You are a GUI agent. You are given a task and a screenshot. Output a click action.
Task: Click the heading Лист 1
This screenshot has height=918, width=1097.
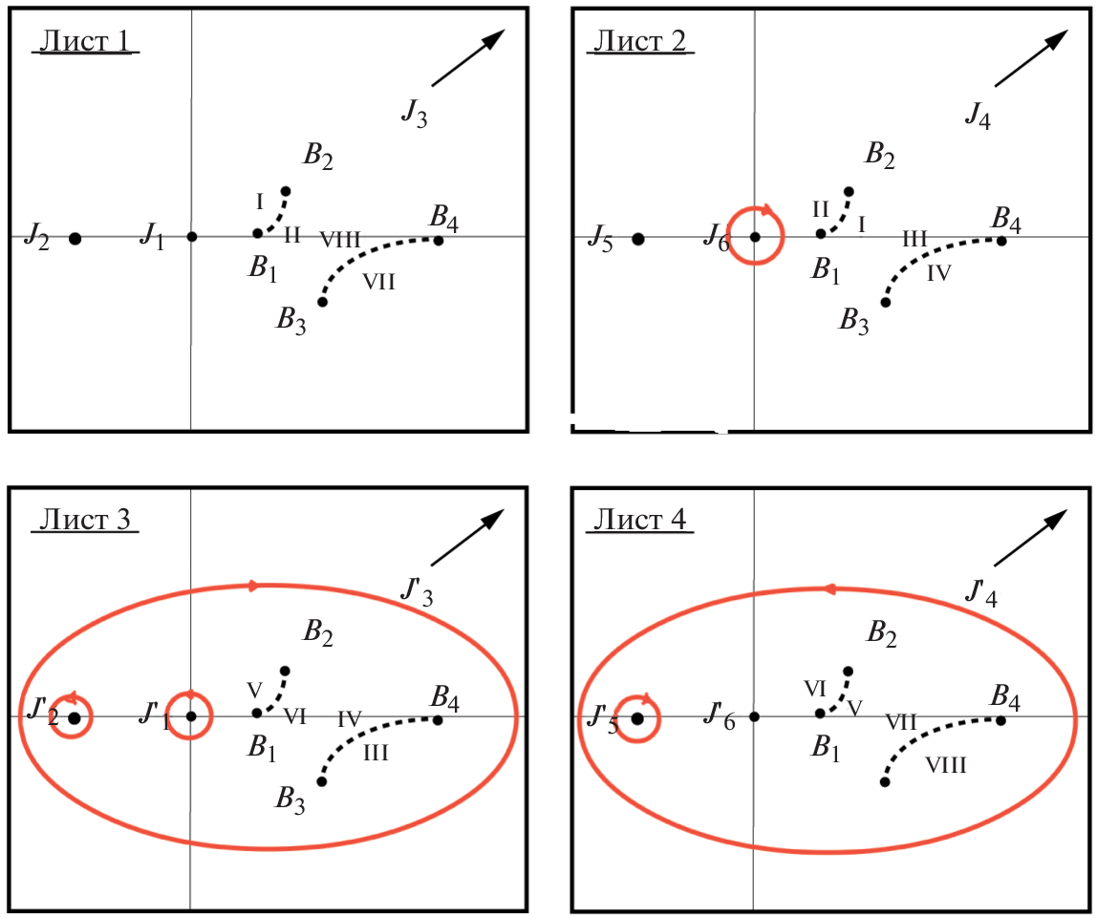86,42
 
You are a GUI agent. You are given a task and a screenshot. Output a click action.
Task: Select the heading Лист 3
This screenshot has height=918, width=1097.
86,521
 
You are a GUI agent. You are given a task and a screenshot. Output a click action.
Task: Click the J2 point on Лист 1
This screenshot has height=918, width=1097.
75,238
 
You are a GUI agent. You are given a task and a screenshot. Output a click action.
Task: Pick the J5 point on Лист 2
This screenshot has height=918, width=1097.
638,239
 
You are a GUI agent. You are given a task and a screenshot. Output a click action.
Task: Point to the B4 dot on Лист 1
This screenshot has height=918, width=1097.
439,240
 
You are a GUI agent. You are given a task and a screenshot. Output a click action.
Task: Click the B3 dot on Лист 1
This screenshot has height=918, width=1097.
322,302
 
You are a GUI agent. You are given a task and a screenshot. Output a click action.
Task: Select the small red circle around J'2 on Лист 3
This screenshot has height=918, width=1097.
73,716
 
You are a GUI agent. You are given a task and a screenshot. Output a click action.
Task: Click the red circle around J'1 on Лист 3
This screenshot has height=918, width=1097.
191,715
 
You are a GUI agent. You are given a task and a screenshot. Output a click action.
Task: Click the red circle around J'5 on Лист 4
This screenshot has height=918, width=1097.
637,717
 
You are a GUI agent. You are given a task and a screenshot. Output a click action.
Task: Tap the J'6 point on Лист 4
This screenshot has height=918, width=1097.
754,716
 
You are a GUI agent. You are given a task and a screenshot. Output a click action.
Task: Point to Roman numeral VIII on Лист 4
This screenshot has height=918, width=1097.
946,764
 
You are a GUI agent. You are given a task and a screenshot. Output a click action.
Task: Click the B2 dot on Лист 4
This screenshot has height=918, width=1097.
849,671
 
